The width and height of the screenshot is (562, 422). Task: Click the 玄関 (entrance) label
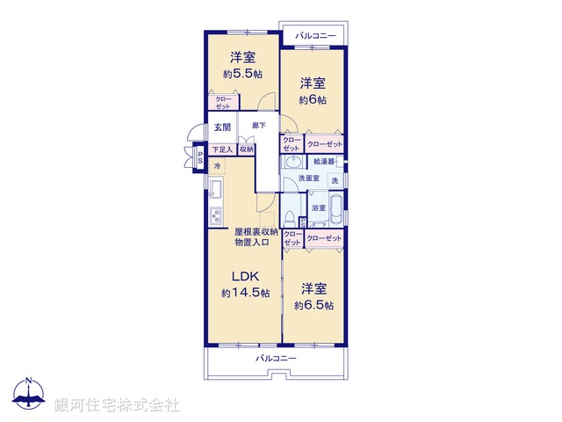pyautogui.click(x=222, y=128)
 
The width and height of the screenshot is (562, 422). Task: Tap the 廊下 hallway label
pyautogui.click(x=259, y=126)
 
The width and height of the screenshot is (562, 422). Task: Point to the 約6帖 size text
pyautogui.click(x=313, y=100)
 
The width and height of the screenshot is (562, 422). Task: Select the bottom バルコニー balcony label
pyautogui.click(x=276, y=359)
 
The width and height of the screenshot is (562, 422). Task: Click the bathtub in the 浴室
pyautogui.click(x=336, y=213)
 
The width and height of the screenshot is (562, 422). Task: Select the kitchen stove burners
pyautogui.click(x=215, y=217)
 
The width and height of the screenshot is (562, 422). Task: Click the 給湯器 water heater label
pyautogui.click(x=326, y=162)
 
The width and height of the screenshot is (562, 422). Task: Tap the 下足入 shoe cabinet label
pyautogui.click(x=222, y=149)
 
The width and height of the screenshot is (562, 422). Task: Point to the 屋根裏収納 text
pyautogui.click(x=256, y=231)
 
